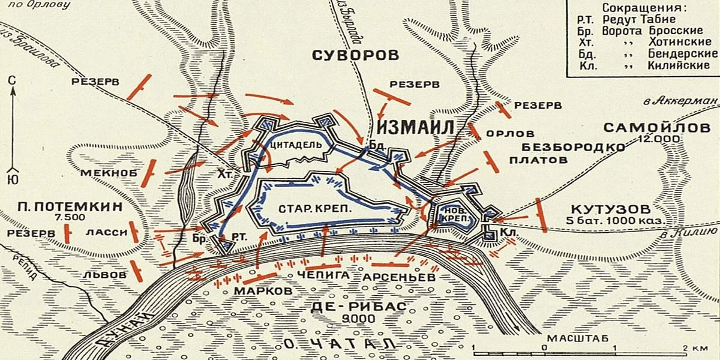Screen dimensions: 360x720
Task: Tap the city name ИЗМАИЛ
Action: click(x=415, y=127)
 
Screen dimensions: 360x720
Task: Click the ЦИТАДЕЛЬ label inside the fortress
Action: click(x=292, y=145)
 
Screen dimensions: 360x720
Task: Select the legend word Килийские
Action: click(x=679, y=65)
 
